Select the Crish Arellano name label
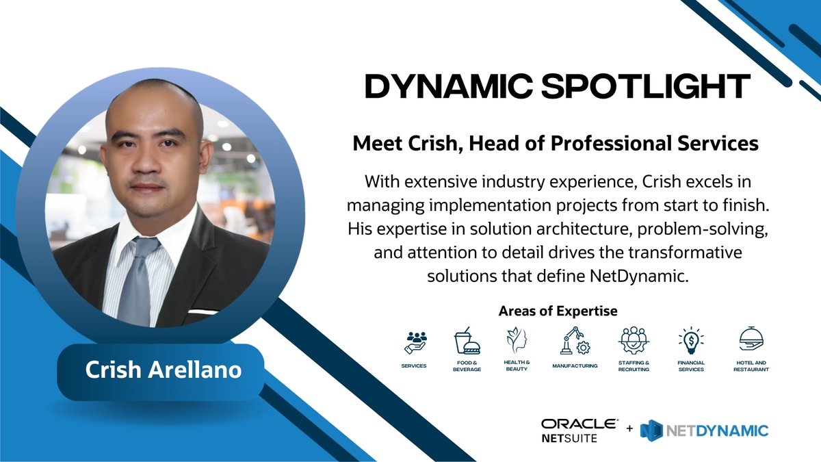click(163, 370)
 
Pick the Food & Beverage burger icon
click(467, 340)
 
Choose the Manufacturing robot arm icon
click(573, 340)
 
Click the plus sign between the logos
click(629, 430)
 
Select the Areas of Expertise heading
click(558, 311)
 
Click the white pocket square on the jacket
click(203, 311)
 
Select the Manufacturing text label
click(575, 365)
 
